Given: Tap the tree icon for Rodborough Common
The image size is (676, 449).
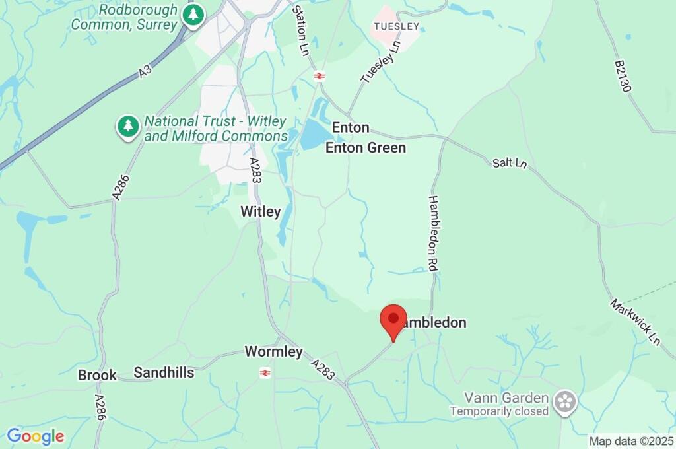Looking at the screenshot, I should click(193, 15).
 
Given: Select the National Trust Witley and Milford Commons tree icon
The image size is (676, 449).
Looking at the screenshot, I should click(128, 125).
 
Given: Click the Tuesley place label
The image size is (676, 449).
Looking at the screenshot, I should click(396, 26).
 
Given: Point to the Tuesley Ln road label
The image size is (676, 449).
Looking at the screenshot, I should click(382, 61).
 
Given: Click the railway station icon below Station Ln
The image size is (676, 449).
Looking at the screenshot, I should click(320, 76).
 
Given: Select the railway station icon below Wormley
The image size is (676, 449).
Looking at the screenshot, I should click(265, 373).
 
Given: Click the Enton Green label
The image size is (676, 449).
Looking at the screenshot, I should click(366, 148).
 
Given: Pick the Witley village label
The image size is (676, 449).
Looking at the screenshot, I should click(260, 212).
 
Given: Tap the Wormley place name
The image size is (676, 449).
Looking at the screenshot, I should click(273, 352).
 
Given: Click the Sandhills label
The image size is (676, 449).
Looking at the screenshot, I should click(164, 373).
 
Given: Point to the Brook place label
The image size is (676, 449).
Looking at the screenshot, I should click(97, 375).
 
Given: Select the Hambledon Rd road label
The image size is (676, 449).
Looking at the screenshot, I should click(434, 234).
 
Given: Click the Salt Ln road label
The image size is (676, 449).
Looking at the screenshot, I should click(510, 163).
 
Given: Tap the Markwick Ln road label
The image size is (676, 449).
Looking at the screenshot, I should click(634, 322).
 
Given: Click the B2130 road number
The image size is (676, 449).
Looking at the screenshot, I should click(622, 77).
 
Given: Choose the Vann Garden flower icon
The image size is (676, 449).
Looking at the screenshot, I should click(565, 401).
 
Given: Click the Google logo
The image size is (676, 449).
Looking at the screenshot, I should click(36, 436).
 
